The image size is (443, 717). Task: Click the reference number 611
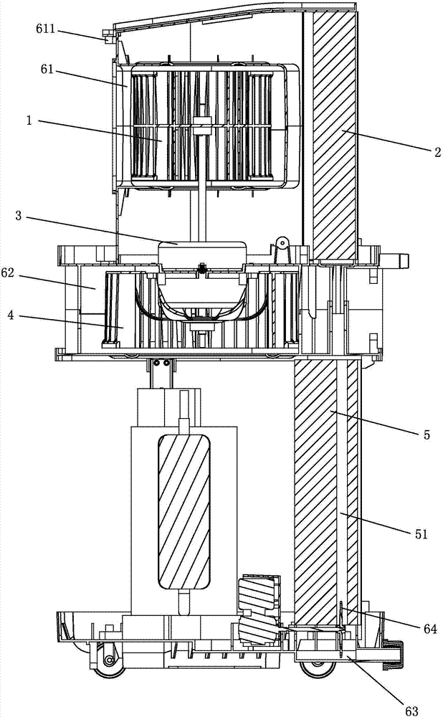(45, 29)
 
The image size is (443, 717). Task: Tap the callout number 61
(47, 70)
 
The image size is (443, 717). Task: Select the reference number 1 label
(29, 121)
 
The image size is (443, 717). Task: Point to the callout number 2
(437, 152)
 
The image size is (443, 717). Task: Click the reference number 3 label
(19, 215)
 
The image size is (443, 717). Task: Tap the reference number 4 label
(10, 315)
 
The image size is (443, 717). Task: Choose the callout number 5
(427, 435)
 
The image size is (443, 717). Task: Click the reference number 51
(421, 533)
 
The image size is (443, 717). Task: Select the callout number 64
(430, 630)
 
